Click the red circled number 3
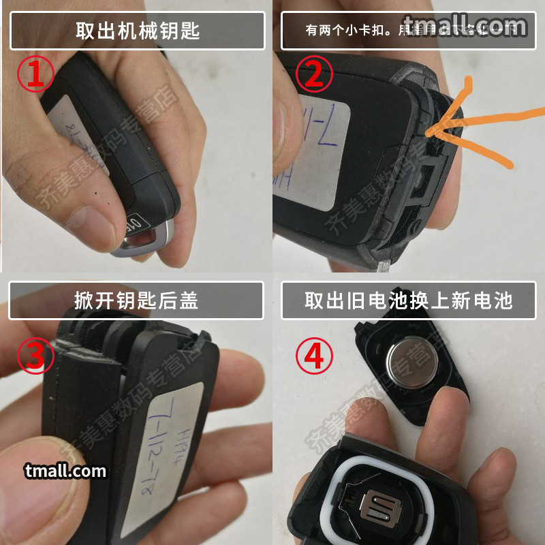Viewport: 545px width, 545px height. tap(35, 356)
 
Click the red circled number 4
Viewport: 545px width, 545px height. tap(314, 356)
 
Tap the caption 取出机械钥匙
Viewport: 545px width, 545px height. tap(137, 31)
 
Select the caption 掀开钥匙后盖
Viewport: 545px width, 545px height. tap(136, 300)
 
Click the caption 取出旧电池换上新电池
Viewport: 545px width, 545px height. tap(408, 300)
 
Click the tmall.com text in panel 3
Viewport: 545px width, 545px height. tap(65, 471)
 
